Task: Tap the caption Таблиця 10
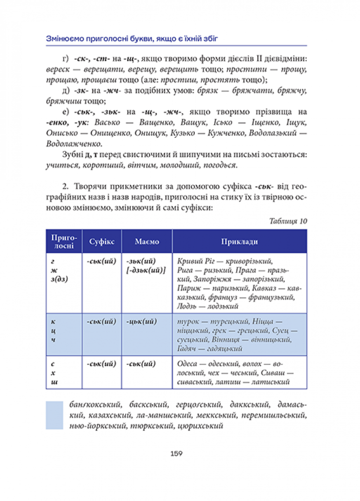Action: pos(288,221)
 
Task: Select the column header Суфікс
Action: pos(102,241)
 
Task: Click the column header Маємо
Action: pos(147,241)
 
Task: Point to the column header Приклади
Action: pos(240,241)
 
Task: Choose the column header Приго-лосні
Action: pos(63,241)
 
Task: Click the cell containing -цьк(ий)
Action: pos(141,322)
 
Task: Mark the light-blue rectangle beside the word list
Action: pos(54,415)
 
